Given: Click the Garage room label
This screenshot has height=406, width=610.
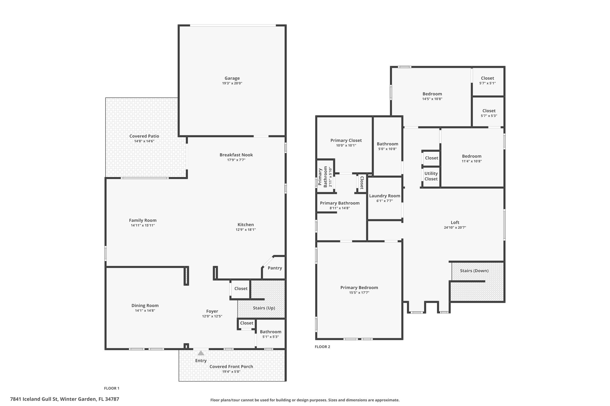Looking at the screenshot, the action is pyautogui.click(x=232, y=78).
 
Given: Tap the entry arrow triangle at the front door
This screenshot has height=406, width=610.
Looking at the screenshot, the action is pyautogui.click(x=201, y=353).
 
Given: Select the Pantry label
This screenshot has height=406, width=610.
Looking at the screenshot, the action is pyautogui.click(x=275, y=268).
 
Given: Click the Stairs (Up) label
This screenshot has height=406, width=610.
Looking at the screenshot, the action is pyautogui.click(x=264, y=308).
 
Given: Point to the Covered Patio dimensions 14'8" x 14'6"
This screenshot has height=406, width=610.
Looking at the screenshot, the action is pyautogui.click(x=144, y=141).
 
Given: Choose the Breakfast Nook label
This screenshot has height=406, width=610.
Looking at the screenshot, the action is pyautogui.click(x=236, y=155).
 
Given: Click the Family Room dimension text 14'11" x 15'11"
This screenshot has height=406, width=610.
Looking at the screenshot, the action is pyautogui.click(x=143, y=225).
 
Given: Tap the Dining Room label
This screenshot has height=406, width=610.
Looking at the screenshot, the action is pyautogui.click(x=145, y=305).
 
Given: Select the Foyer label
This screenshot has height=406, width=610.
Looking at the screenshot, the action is pyautogui.click(x=212, y=311).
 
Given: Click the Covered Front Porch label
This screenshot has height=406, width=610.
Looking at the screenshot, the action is pyautogui.click(x=231, y=366).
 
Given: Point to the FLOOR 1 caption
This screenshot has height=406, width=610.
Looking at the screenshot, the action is pyautogui.click(x=112, y=388).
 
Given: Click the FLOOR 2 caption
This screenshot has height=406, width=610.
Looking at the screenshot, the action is pyautogui.click(x=323, y=347).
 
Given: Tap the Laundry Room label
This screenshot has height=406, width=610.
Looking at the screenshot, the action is pyautogui.click(x=385, y=196).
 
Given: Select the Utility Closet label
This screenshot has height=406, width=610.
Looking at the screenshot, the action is pyautogui.click(x=431, y=176).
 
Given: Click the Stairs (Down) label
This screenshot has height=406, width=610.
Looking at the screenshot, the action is pyautogui.click(x=474, y=271).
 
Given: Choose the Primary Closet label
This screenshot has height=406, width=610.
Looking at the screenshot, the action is pyautogui.click(x=346, y=140).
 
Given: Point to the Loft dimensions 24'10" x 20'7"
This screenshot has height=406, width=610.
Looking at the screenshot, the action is pyautogui.click(x=455, y=228).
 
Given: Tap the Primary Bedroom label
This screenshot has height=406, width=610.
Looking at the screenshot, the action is pyautogui.click(x=359, y=288).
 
